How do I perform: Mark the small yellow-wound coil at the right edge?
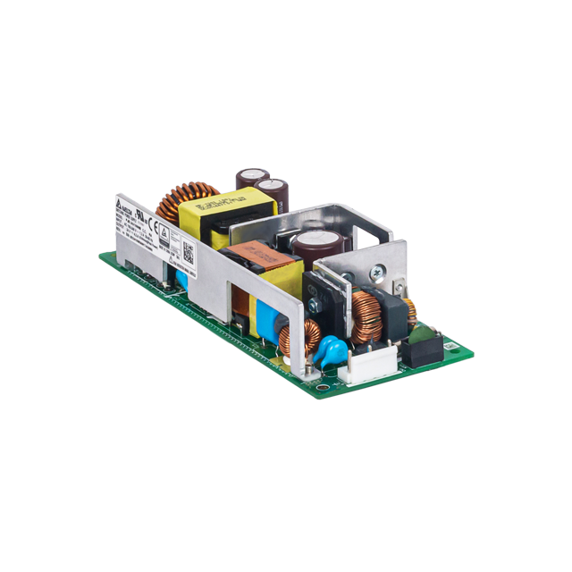point(410,310)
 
